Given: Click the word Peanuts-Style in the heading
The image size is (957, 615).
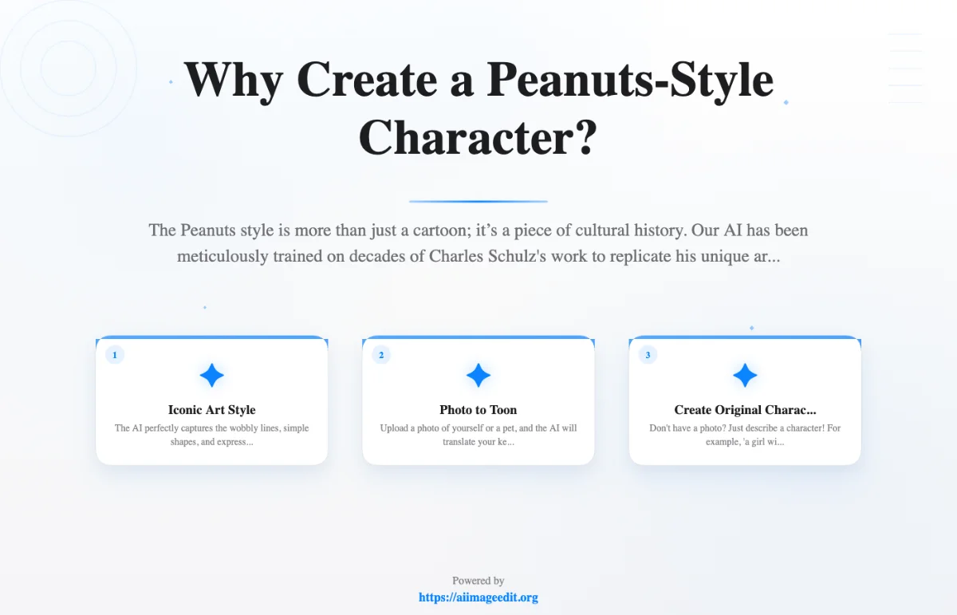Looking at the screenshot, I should pyautogui.click(x=630, y=80).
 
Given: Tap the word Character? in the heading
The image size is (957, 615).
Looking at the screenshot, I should pyautogui.click(x=478, y=137).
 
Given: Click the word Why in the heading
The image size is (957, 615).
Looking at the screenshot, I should pyautogui.click(x=230, y=80).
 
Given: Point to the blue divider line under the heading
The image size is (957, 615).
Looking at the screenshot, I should pyautogui.click(x=478, y=201).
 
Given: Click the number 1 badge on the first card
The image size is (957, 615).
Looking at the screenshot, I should pyautogui.click(x=115, y=355).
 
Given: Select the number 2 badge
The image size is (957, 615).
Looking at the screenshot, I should pyautogui.click(x=381, y=355).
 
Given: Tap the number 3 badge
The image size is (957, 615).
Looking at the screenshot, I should pyautogui.click(x=648, y=355).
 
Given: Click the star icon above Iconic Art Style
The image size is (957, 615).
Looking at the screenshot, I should pyautogui.click(x=211, y=375).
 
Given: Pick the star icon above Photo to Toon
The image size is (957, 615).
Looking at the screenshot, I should pyautogui.click(x=478, y=375).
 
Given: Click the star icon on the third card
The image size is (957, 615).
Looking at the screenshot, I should pyautogui.click(x=745, y=375).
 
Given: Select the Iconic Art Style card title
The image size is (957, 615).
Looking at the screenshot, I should pyautogui.click(x=211, y=410).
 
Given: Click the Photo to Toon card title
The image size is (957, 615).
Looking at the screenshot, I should pyautogui.click(x=478, y=410).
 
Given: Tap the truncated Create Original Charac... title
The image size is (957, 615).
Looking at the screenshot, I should pyautogui.click(x=745, y=410).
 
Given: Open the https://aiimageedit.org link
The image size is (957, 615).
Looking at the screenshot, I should pyautogui.click(x=478, y=597).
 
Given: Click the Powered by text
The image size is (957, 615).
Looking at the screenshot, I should pyautogui.click(x=478, y=581).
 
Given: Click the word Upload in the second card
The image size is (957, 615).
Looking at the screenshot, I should pyautogui.click(x=394, y=428).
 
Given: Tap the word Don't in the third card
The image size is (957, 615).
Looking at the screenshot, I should pyautogui.click(x=660, y=428).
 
